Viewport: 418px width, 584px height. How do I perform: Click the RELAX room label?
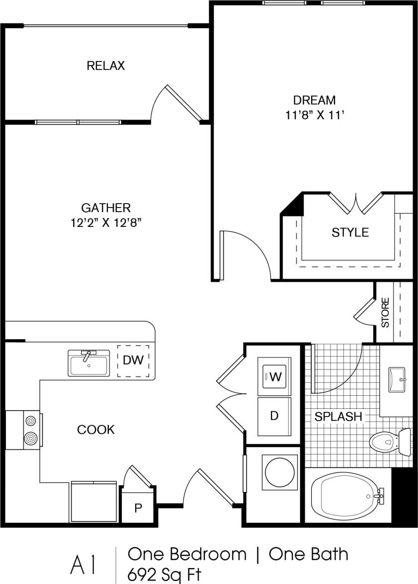coord(105,66)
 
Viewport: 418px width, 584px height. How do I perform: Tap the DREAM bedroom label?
coord(314,100)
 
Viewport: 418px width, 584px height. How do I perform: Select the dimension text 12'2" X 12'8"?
coord(106,223)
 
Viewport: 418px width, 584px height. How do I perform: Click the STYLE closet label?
coord(350,232)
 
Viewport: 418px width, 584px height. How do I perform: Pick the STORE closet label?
coord(385,313)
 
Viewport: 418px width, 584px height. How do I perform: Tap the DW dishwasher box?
coord(133,361)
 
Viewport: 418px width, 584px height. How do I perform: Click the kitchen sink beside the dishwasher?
coord(89,364)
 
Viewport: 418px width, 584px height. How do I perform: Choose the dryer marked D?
coord(274,416)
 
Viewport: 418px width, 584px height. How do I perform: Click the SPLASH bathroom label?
coord(338,416)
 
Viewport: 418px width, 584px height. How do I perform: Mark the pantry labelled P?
coord(138,508)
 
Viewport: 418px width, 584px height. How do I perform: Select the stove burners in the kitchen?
coord(30,430)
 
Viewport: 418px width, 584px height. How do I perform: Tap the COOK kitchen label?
coord(96,429)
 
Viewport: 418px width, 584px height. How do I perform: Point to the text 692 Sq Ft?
coord(165,575)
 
